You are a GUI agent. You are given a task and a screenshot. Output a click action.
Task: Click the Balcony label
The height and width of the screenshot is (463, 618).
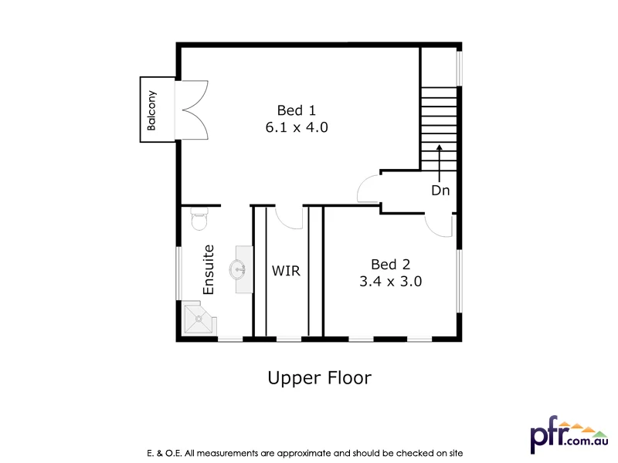(x=151, y=110)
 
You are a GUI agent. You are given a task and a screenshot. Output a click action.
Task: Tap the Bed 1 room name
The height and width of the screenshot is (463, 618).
(x=297, y=110)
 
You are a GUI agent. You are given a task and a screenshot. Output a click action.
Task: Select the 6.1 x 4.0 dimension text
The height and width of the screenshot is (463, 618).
(x=297, y=127)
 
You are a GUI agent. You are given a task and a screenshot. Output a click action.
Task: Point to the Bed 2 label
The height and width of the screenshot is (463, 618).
(x=390, y=263)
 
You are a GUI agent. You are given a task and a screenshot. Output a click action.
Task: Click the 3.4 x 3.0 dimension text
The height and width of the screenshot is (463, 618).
(x=390, y=282)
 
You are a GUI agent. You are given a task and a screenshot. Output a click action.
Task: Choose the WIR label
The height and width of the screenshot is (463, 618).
(x=286, y=272)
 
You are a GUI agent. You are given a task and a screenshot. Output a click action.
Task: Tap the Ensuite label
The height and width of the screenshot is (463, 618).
(x=209, y=269)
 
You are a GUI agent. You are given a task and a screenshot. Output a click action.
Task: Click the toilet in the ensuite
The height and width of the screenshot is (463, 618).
(x=199, y=218)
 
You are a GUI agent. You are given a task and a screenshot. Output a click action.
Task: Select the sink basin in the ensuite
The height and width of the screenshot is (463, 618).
(x=239, y=269)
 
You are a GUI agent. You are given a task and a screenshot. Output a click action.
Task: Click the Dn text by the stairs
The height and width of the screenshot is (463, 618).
(x=440, y=190)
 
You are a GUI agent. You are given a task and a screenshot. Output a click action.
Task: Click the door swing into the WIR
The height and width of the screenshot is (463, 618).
(x=290, y=218)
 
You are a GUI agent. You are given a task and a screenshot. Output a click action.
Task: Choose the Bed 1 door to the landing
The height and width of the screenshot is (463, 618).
(x=369, y=189)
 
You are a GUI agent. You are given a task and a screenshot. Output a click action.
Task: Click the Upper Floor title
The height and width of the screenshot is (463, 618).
(x=319, y=378)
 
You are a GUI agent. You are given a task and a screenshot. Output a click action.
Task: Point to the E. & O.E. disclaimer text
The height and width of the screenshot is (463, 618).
(x=304, y=452)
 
